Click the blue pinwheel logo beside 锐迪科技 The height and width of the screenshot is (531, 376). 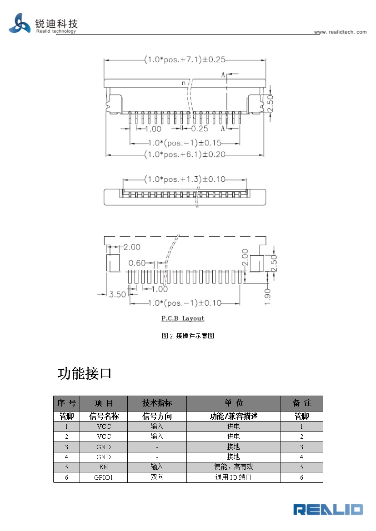pyautogui.click(x=20, y=24)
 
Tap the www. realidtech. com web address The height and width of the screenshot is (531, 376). pyautogui.click(x=340, y=32)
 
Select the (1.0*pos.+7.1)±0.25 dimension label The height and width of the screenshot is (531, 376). pyautogui.click(x=185, y=60)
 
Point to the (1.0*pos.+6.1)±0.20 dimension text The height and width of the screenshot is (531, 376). pyautogui.click(x=185, y=154)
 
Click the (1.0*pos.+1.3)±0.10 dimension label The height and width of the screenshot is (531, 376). pyautogui.click(x=185, y=179)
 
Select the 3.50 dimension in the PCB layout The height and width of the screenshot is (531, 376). pyautogui.click(x=117, y=294)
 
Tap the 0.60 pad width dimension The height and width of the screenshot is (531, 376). pyautogui.click(x=137, y=263)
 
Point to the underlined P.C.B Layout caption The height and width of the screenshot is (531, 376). pyautogui.click(x=183, y=318)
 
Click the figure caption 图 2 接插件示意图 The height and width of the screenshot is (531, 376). pyautogui.click(x=188, y=336)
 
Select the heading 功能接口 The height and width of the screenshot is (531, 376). pyautogui.click(x=85, y=374)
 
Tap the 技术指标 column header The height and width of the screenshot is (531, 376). pyautogui.click(x=157, y=403)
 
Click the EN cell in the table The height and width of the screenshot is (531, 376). pyautogui.click(x=104, y=467)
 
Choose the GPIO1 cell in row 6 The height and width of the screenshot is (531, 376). pyautogui.click(x=104, y=477)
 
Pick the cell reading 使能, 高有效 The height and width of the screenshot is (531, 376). pyautogui.click(x=233, y=467)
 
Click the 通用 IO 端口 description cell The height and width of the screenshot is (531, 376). pyautogui.click(x=233, y=477)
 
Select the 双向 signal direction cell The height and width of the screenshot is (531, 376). pyautogui.click(x=157, y=477)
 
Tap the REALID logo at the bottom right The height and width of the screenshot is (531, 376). pyautogui.click(x=328, y=509)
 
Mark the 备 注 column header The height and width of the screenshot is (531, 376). pyautogui.click(x=302, y=403)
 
